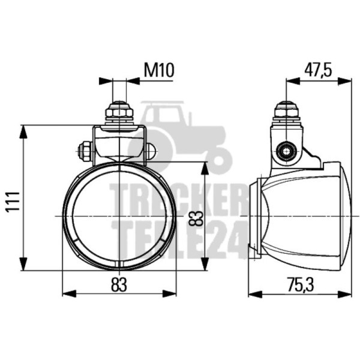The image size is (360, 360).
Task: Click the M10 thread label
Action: [x=159, y=70]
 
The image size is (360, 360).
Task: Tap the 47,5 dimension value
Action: [x=318, y=70]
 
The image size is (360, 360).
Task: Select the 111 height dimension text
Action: [x=13, y=202]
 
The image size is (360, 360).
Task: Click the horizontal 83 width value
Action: [x=119, y=284]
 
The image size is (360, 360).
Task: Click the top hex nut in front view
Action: [x=119, y=113]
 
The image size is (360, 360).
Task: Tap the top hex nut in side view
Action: [x=286, y=113]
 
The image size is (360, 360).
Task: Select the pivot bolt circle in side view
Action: [x=286, y=151]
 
